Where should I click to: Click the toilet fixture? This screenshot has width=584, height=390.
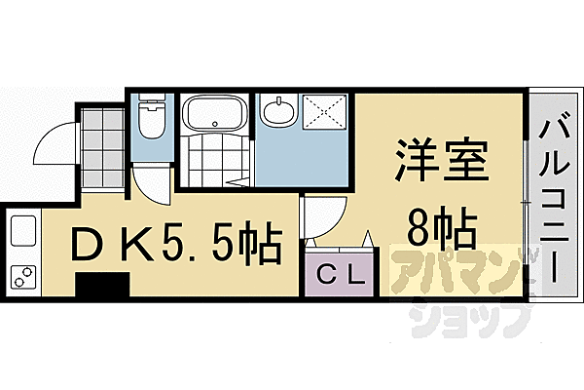pos(151,120)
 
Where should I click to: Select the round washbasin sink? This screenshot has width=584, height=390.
pos(279,111)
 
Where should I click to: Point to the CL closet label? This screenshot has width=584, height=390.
pos(337,274)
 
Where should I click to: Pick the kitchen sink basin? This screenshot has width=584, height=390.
pos(23,235)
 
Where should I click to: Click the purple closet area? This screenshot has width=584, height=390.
pos(337,274)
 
